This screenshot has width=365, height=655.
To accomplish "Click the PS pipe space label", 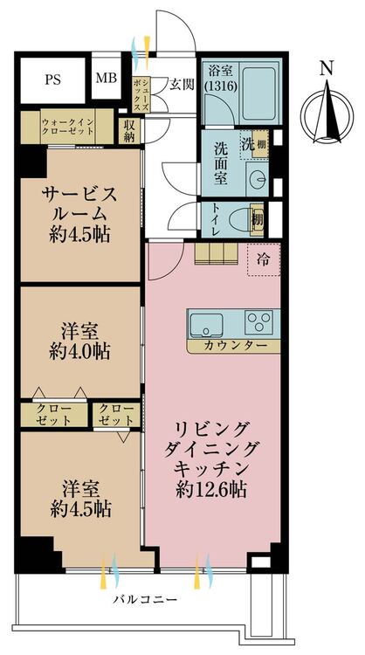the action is click(52, 79).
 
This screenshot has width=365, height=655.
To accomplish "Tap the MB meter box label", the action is click(106, 78).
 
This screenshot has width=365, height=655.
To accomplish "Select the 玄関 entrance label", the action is click(182, 85).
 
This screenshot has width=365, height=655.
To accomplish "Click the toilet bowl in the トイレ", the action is click(242, 219).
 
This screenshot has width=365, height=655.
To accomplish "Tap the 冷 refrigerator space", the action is click(264, 259).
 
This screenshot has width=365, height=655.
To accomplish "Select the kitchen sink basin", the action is click(206, 324).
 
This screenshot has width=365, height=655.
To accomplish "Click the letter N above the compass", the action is click(327, 68).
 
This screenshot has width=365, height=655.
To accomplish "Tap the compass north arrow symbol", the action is click(327, 112).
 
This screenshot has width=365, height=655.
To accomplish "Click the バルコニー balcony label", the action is click(146, 600).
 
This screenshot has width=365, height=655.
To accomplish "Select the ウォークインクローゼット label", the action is click(67, 126).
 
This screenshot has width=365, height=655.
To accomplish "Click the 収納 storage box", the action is click(129, 131).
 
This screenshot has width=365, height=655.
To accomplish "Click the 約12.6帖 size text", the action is click(211, 489).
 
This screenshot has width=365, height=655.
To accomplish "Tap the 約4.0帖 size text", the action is click(79, 352).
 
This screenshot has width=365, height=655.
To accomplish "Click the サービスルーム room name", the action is click(79, 204).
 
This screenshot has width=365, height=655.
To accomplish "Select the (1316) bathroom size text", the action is click(220, 86).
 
